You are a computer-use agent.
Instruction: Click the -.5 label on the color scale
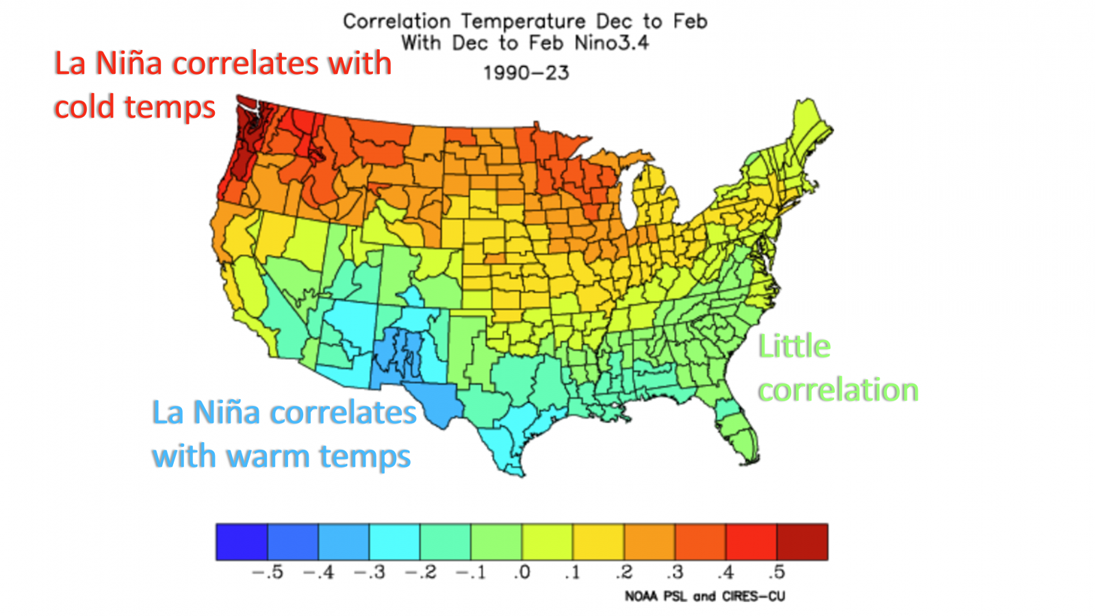(267, 572)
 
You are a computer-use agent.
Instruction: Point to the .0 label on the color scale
(522, 572)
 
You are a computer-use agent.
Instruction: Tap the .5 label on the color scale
(776, 572)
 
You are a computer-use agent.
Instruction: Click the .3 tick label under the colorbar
(675, 572)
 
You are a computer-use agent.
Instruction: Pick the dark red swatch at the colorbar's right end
(802, 542)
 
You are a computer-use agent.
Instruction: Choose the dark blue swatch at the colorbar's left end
(242, 542)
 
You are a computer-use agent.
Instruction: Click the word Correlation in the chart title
(396, 22)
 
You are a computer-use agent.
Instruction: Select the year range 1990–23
(526, 73)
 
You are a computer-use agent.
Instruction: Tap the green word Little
(794, 346)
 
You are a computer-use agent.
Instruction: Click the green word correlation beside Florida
(838, 390)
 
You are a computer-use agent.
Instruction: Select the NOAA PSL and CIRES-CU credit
(704, 597)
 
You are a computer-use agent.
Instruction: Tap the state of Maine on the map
(808, 130)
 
